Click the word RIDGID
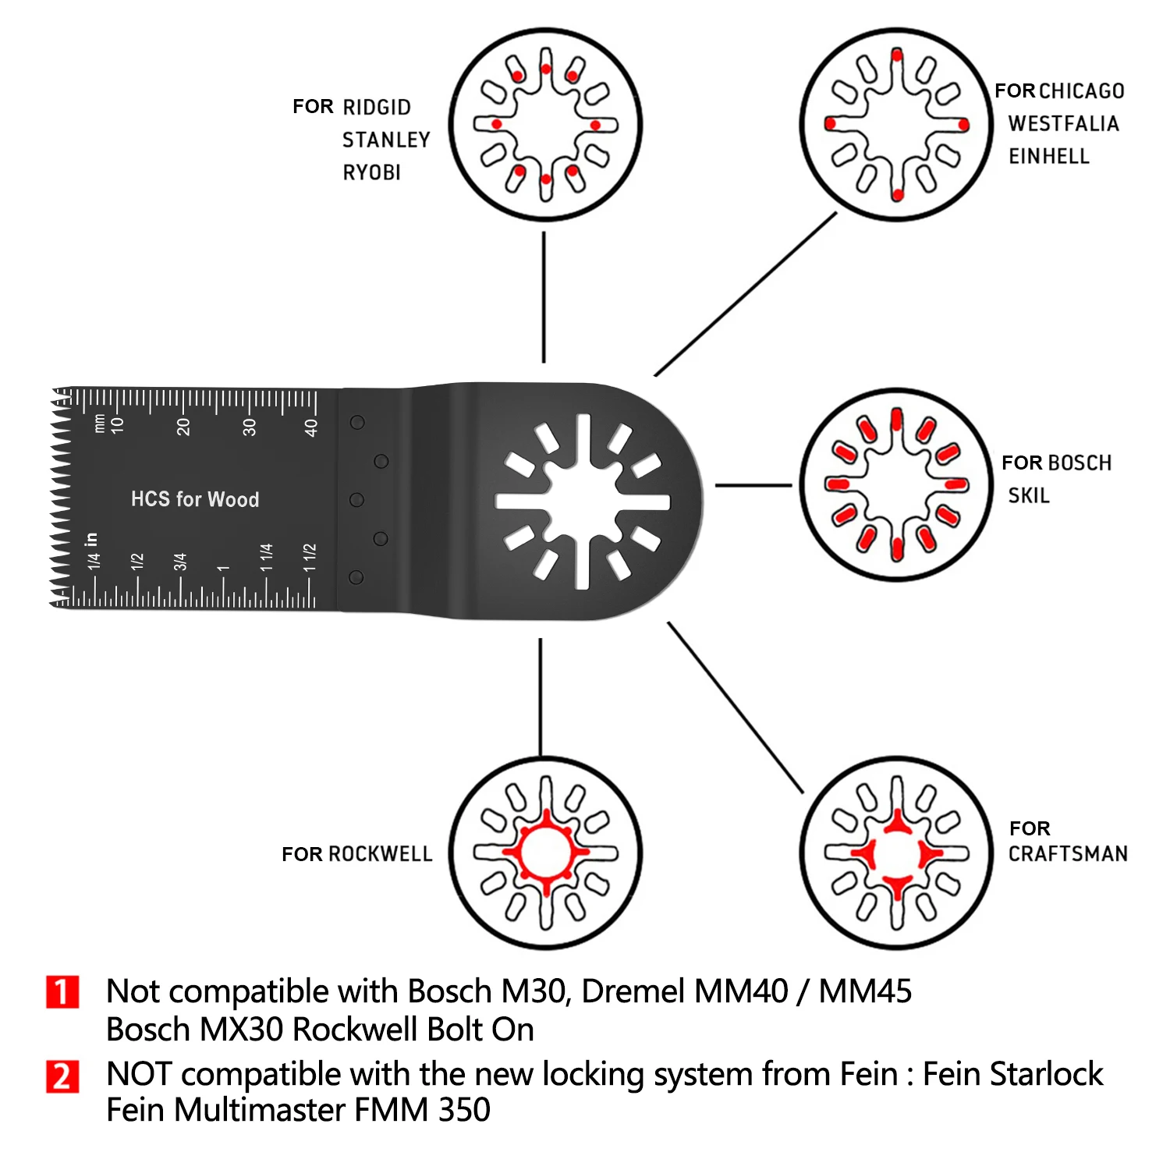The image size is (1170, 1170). coord(377,107)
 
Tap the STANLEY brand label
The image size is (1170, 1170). coord(386,140)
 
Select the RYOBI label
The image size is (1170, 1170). coord(372,172)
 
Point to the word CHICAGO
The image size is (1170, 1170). coord(1081,91)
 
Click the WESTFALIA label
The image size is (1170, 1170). coord(1063,124)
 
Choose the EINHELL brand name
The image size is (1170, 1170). coord(1049,157)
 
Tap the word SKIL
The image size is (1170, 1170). coord(1029,495)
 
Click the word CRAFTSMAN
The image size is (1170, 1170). coord(1068,854)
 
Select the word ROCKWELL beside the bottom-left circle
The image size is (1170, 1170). coord(380,854)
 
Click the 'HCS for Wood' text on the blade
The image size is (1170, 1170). coord(195,499)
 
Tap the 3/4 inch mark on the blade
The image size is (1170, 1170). coord(180,562)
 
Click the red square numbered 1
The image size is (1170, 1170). coord(62,992)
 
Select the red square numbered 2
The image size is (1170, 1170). coord(62,1076)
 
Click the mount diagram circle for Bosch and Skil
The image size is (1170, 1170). coord(896,484)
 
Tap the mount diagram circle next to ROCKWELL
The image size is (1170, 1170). coord(545,853)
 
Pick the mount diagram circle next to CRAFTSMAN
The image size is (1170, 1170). coord(896,853)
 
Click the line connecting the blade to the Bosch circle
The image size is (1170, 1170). coord(753,485)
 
